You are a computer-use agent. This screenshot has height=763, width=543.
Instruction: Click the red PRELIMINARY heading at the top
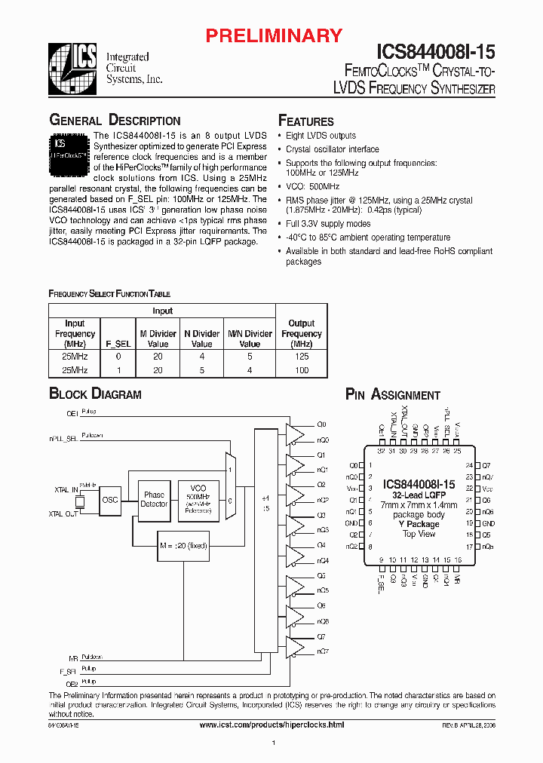(275, 35)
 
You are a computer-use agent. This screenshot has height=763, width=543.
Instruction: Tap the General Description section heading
(115, 121)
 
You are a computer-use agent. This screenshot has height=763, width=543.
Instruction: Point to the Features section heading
(306, 121)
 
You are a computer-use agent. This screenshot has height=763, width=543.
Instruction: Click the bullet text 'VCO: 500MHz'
(312, 186)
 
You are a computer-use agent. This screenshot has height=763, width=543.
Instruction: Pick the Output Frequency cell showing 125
(302, 357)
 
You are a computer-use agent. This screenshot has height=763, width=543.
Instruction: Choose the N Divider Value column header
(202, 339)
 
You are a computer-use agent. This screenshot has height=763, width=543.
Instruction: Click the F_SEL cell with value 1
(118, 370)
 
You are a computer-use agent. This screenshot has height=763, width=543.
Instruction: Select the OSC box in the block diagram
(110, 499)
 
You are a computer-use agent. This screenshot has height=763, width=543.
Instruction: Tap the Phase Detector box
(154, 499)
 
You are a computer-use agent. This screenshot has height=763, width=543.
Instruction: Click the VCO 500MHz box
(198, 499)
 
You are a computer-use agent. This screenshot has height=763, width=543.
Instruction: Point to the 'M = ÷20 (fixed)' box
(182, 545)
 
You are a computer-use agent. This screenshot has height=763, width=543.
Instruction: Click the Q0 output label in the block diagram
(321, 424)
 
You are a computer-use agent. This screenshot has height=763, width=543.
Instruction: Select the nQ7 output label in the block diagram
(323, 651)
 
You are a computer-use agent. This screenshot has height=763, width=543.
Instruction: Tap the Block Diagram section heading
(95, 394)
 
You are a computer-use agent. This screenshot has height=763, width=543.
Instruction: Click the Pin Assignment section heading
(392, 394)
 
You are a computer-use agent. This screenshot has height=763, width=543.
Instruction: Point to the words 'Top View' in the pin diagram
(419, 534)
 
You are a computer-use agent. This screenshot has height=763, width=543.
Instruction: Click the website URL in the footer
(271, 724)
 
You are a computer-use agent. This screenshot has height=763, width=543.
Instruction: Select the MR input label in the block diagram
(72, 658)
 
